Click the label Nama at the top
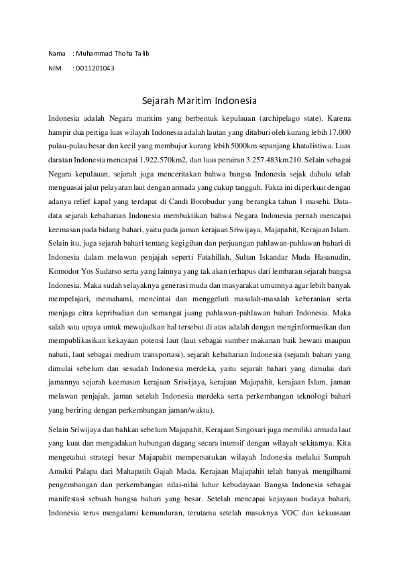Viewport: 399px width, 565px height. [57, 53]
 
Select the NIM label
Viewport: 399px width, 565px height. [55, 68]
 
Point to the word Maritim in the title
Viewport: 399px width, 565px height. [194, 102]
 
